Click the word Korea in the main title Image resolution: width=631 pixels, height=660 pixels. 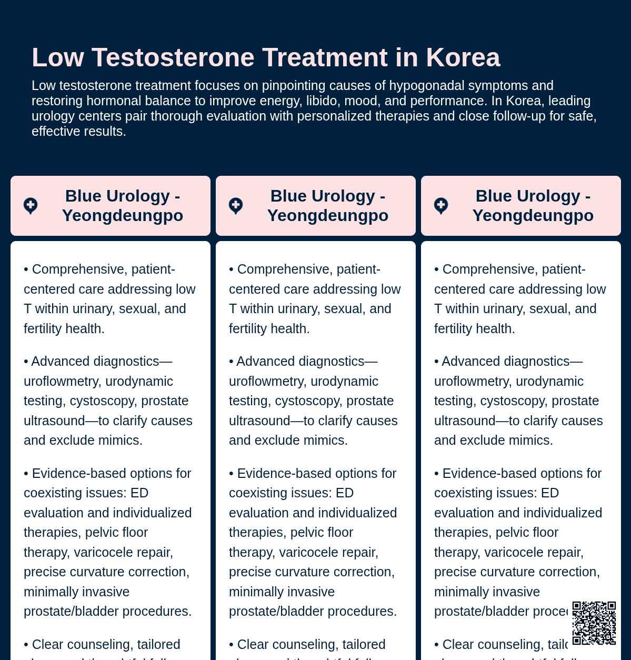(463, 57)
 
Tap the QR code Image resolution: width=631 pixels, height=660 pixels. (594, 623)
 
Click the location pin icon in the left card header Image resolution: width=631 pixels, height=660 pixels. (31, 206)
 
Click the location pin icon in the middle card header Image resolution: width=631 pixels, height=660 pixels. (236, 206)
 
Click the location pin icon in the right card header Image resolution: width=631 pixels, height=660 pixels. (441, 206)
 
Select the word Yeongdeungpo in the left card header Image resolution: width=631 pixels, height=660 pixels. (123, 215)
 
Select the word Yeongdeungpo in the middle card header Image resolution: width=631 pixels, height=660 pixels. (328, 215)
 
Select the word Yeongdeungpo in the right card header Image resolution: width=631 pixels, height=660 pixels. (533, 215)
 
